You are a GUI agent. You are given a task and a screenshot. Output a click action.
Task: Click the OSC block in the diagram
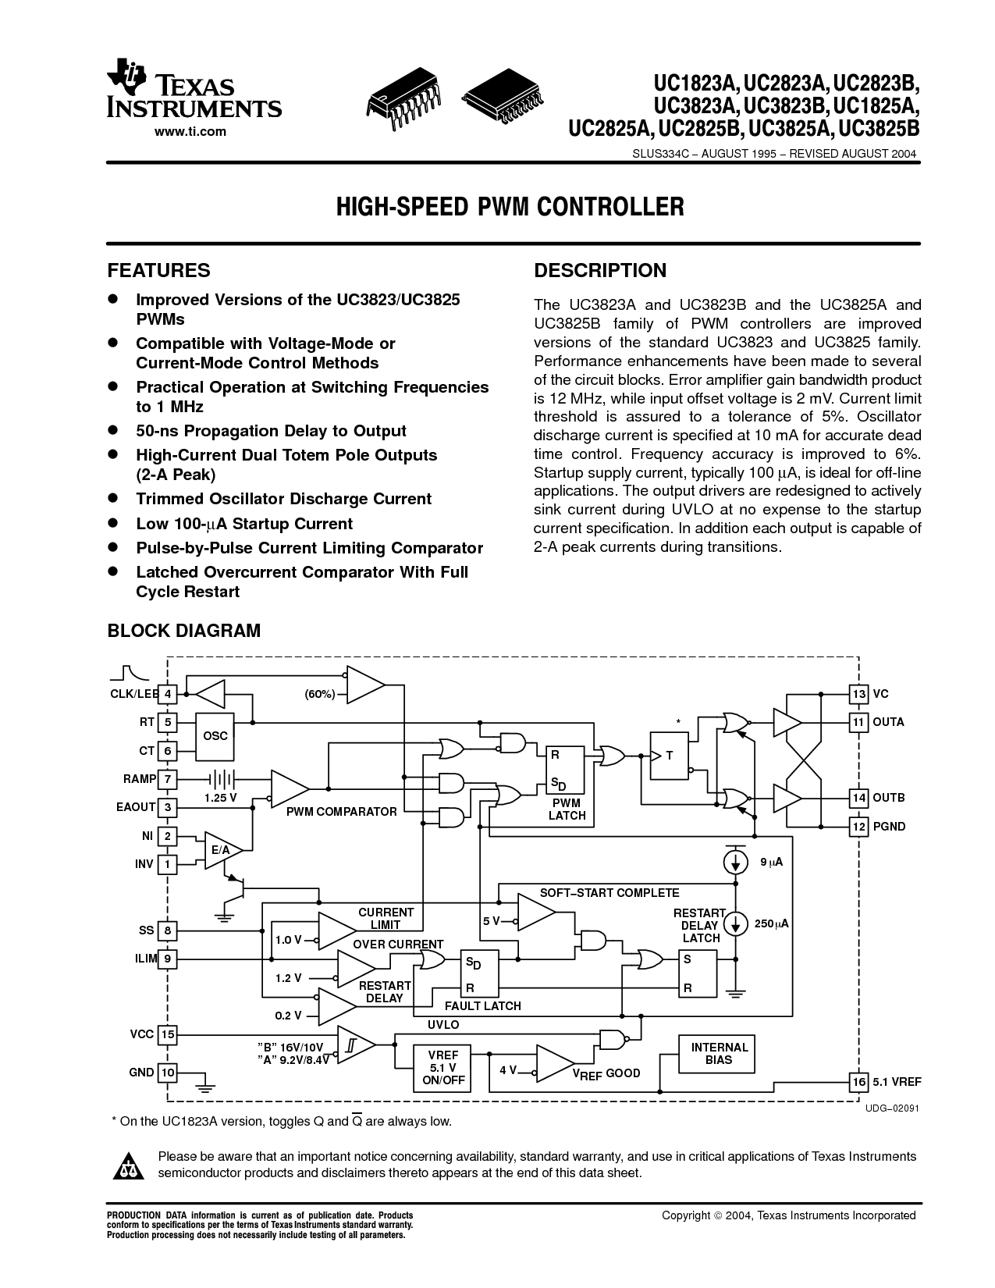pos(215,736)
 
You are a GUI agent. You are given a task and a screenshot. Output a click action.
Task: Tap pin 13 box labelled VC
pos(858,694)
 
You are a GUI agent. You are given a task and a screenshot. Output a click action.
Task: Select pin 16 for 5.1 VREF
pos(858,1081)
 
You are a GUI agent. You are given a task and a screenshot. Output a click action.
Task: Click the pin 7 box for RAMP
pos(168,779)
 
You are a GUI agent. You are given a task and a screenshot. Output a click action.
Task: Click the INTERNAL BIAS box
pos(719,1053)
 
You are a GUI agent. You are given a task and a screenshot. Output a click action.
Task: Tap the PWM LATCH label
pos(567,809)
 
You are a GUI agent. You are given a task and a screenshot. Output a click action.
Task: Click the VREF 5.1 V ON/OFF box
pos(442,1068)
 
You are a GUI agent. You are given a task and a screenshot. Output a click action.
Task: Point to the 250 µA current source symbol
pos(734,923)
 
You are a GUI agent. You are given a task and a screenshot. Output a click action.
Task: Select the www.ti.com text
pos(190,131)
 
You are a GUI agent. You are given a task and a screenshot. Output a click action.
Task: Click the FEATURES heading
pos(158,270)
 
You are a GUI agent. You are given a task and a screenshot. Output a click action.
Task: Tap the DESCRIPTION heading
pos(599,270)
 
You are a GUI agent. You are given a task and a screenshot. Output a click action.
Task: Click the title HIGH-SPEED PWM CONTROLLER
pos(510,207)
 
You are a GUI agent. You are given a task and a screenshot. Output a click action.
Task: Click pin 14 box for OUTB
pos(858,798)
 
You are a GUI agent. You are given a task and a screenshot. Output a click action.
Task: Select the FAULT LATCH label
pos(482,1006)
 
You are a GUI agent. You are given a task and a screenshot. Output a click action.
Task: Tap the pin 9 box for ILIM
pos(168,959)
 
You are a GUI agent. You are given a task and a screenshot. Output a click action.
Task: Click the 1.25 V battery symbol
pos(222,779)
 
